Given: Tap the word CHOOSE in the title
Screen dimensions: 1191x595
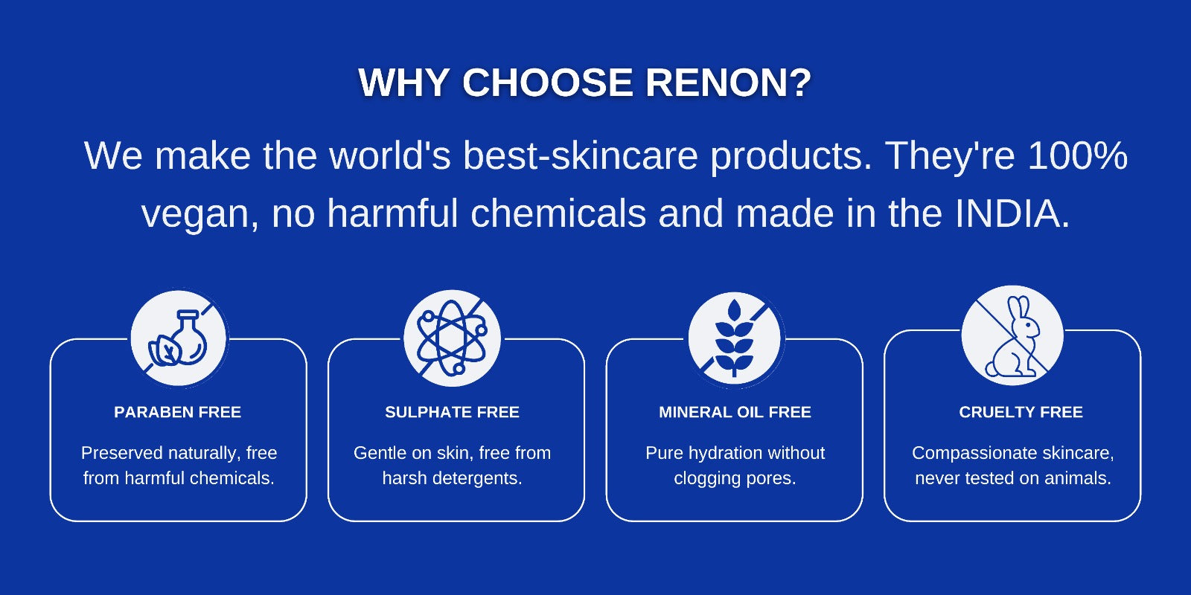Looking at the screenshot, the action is click(x=548, y=83).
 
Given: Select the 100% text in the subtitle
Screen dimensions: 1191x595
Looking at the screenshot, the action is click(x=1078, y=155).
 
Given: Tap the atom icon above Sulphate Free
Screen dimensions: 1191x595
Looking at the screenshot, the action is click(x=452, y=338).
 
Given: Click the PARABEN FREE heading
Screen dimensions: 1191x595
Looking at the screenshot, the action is click(x=178, y=412).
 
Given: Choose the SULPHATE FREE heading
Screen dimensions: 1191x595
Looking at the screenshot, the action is click(x=452, y=412).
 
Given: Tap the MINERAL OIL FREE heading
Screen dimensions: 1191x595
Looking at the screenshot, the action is click(x=735, y=412).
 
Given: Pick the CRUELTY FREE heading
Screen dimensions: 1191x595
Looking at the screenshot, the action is click(x=1021, y=412).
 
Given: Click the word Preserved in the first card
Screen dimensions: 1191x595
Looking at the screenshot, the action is click(x=122, y=453).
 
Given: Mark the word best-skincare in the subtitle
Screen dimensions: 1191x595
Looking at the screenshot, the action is click(x=581, y=155).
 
